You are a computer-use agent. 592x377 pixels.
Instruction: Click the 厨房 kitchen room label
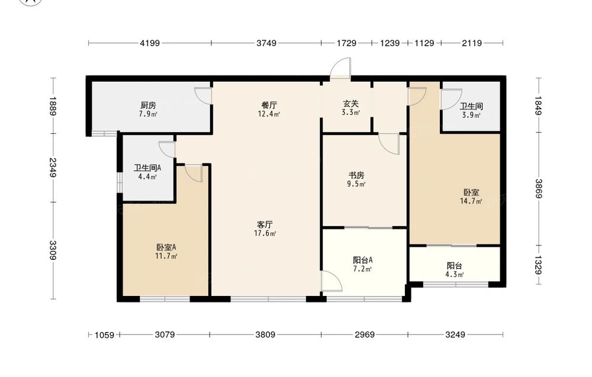click(x=148, y=105)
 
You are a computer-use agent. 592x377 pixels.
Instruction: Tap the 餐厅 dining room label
click(x=269, y=105)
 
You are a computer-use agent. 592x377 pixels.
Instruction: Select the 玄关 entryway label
click(x=350, y=104)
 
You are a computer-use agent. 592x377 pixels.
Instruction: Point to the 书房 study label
click(x=356, y=176)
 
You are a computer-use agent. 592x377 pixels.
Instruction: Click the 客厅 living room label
click(x=265, y=224)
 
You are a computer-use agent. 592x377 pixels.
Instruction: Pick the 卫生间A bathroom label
click(x=147, y=168)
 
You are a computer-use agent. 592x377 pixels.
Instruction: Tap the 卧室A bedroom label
click(x=166, y=247)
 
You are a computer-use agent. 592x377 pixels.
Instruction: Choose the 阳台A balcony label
click(x=363, y=260)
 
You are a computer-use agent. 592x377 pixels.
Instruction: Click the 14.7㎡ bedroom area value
click(x=471, y=201)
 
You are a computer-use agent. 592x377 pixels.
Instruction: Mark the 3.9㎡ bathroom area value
click(x=471, y=115)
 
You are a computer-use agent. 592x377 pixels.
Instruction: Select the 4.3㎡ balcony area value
click(x=454, y=275)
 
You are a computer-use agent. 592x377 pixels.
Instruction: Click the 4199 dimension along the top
click(x=150, y=43)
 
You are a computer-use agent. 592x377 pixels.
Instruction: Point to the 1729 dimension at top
click(x=346, y=43)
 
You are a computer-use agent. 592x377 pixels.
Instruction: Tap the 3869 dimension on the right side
click(x=538, y=188)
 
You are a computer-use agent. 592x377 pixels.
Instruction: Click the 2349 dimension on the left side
click(x=53, y=167)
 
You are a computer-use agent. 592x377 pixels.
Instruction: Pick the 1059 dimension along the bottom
click(x=104, y=335)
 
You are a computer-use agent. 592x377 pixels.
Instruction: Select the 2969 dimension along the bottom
click(x=365, y=335)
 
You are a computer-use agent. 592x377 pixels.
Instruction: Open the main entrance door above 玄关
click(x=340, y=69)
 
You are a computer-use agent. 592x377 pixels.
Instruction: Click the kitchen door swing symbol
click(x=204, y=96)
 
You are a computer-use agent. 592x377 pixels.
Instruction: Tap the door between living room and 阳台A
click(x=331, y=281)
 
